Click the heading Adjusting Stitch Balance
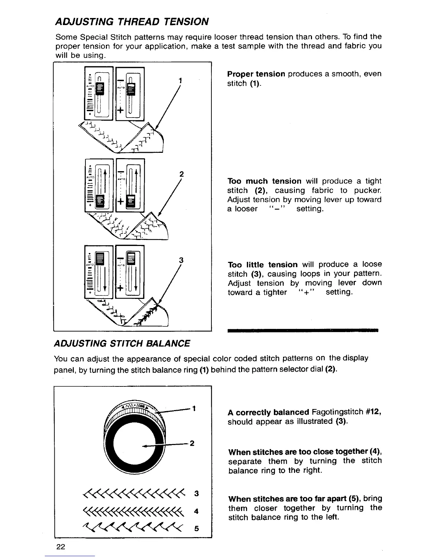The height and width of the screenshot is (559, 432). pos(122,343)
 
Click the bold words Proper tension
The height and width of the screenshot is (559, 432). pos(256,74)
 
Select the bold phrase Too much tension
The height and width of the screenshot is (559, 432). pos(265,181)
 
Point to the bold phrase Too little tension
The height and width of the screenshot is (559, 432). pos(263,265)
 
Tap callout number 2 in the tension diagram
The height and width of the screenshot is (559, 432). pos(181,174)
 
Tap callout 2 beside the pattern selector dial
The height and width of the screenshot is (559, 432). pos(192,443)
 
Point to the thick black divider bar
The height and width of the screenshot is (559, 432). pos(303,331)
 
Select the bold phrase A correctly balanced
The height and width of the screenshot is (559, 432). pos(268,412)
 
